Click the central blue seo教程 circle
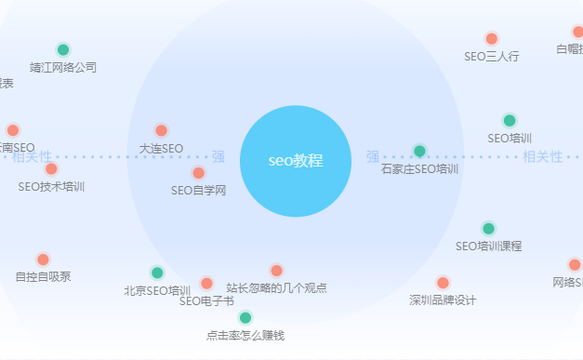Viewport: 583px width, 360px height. point(295,161)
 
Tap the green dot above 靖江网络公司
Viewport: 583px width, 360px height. point(63,50)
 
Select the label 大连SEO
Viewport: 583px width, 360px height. point(161,149)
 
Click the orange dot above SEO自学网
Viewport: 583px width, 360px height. point(198,173)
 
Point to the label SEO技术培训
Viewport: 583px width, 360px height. point(51,187)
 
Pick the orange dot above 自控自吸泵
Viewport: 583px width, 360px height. point(43,260)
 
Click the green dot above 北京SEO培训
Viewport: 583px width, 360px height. point(157,273)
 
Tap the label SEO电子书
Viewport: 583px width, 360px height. point(206,301)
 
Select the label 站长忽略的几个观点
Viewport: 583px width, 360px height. point(276,288)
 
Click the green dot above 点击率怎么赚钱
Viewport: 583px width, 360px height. point(245,318)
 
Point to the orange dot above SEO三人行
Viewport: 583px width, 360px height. point(492,39)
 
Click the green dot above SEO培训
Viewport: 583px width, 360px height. point(510,121)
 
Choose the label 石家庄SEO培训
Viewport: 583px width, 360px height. point(419,169)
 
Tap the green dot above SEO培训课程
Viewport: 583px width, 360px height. point(489,229)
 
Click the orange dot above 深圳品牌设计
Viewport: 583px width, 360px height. point(443,283)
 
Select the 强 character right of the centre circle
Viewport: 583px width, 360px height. point(373,157)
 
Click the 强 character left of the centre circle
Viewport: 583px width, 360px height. point(219,157)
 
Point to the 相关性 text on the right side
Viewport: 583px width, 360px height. point(543,157)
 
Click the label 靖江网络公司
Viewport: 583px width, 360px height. point(63,68)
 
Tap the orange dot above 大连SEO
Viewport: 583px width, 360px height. point(161,131)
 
